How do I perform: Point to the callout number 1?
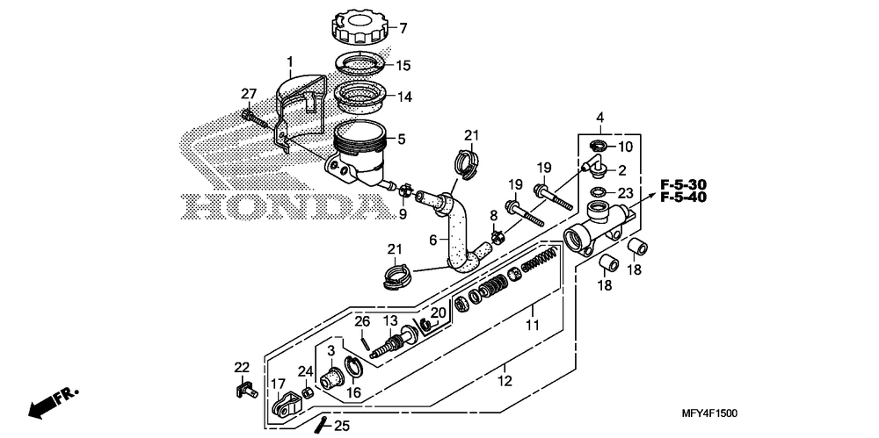(x=289, y=62)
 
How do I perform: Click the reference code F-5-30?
(x=683, y=184)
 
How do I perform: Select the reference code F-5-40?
(x=683, y=197)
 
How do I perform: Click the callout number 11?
(x=532, y=325)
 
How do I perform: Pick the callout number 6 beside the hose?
(x=432, y=240)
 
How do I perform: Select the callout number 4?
(x=600, y=117)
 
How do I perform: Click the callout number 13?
(x=390, y=320)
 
